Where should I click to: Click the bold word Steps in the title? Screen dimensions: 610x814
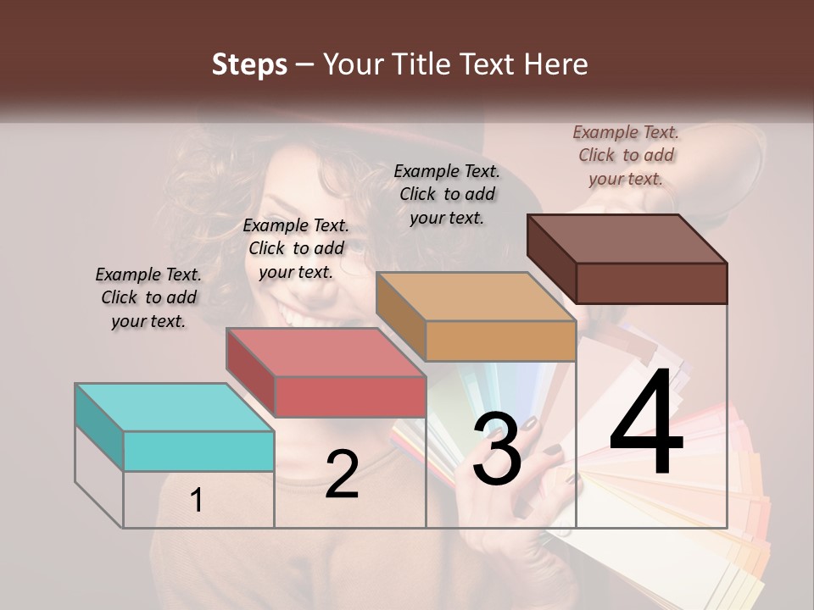tap(249, 64)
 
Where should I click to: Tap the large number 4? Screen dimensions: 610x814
tap(646, 427)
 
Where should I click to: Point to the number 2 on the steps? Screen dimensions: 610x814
tap(342, 474)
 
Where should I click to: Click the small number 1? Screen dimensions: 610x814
tap(196, 501)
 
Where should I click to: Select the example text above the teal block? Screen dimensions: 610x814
tap(148, 297)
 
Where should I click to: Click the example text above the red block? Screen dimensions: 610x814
tap(296, 248)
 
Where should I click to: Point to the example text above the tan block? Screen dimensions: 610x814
tap(447, 194)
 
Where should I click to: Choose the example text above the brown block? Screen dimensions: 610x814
tap(626, 155)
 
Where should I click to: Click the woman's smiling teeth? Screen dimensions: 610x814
tap(298, 316)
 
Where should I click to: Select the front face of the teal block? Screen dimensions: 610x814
tap(198, 451)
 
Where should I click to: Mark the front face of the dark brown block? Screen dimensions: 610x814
tap(651, 283)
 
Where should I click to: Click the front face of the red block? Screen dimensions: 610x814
tap(349, 396)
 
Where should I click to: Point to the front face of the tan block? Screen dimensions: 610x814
tap(500, 341)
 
